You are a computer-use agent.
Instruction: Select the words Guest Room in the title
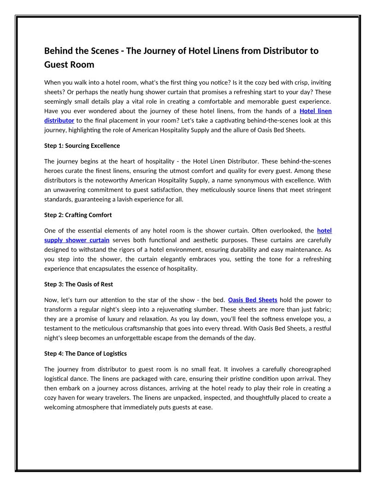[x=69, y=65]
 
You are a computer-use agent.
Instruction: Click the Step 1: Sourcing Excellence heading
[x=82, y=146]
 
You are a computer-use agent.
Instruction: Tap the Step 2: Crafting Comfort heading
[x=78, y=215]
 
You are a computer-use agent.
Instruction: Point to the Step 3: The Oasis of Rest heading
[x=78, y=284]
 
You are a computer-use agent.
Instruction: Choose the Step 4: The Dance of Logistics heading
[x=85, y=353]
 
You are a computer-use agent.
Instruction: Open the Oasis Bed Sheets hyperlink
[x=253, y=300]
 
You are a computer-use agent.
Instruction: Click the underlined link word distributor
[x=59, y=120]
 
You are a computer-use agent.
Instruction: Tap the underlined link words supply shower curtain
[x=76, y=240]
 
